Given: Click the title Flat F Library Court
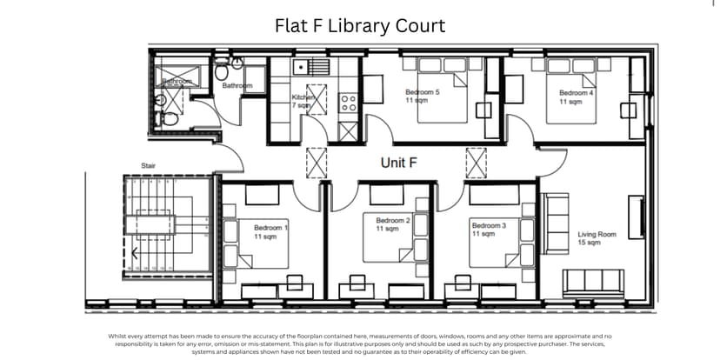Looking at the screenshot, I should click(x=359, y=25).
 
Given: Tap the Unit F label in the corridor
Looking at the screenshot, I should click(x=399, y=163).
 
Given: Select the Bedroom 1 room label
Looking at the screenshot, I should click(x=270, y=231).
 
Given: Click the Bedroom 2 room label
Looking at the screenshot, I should click(x=392, y=224).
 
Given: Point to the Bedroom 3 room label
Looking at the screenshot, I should click(x=489, y=229).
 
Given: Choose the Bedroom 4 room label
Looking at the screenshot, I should click(x=576, y=97).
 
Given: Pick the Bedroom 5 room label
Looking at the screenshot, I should click(x=422, y=96).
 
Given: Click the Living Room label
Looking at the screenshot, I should click(x=597, y=238).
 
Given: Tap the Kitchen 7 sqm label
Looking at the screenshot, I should click(x=302, y=102).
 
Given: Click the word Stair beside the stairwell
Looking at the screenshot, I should click(x=148, y=165).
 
